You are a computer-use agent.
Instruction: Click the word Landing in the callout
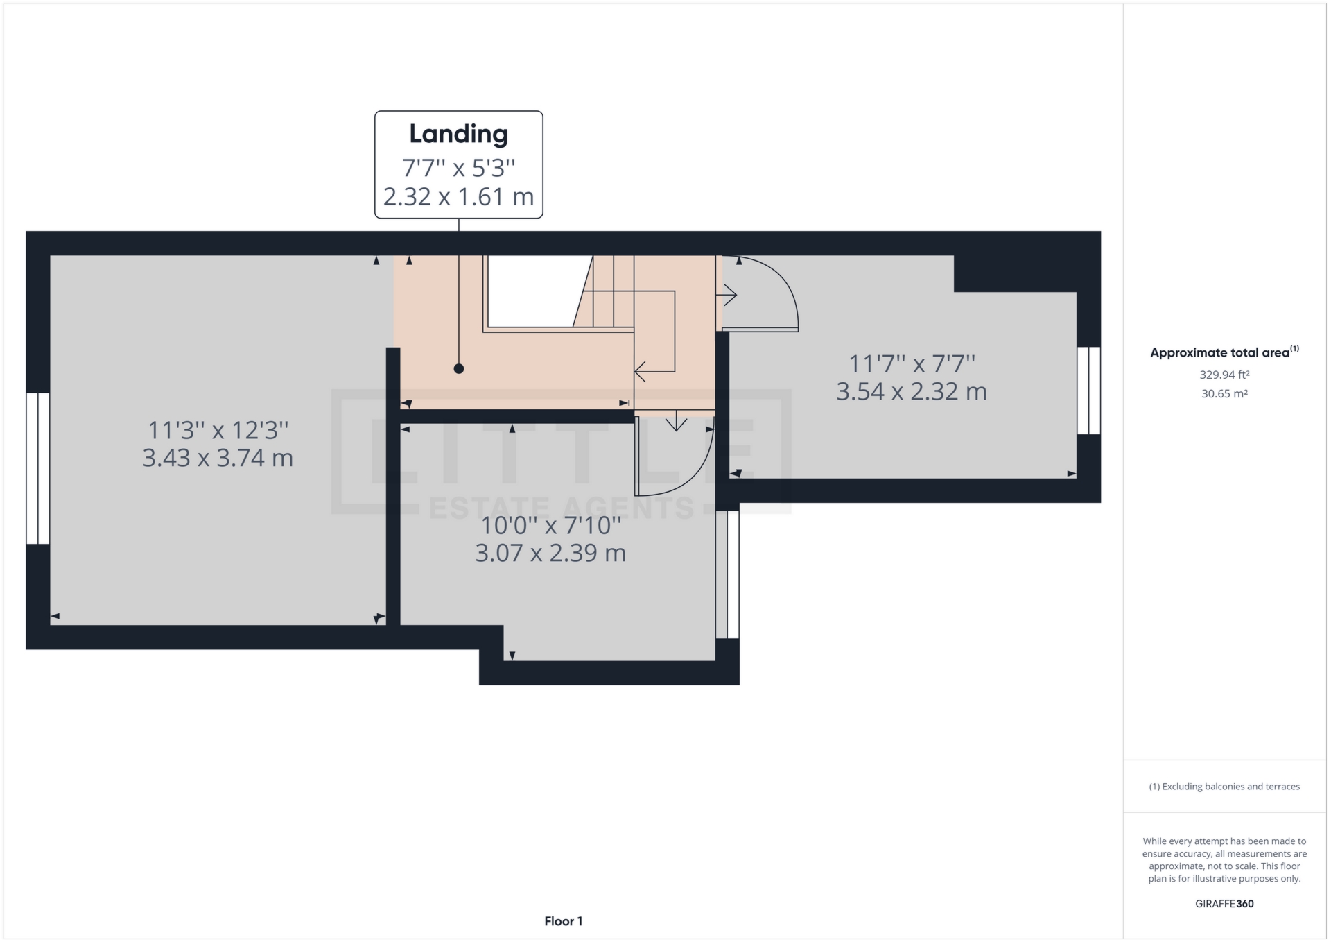tap(458, 134)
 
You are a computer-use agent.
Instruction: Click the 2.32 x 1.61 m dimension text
tap(458, 197)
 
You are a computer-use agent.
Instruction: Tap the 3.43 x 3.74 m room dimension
tap(218, 458)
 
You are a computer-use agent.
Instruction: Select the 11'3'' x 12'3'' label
tap(218, 431)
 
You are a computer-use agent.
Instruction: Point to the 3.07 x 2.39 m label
tap(550, 553)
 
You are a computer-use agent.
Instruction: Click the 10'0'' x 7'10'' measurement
tap(550, 526)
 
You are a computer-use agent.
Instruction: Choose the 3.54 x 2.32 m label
tap(911, 391)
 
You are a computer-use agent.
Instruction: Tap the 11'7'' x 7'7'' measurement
tap(912, 363)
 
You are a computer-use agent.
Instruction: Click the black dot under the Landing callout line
tap(459, 369)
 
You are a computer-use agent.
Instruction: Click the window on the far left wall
tap(38, 468)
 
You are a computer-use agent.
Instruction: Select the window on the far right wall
tap(1088, 391)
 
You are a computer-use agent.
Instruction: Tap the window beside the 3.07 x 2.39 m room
tap(727, 574)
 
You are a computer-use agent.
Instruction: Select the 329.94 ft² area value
tap(1224, 375)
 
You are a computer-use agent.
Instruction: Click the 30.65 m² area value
tap(1224, 394)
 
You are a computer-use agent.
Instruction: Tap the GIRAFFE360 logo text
tap(1224, 904)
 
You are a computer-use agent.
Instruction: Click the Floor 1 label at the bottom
tap(563, 921)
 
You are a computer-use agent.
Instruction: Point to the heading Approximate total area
tap(1219, 353)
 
